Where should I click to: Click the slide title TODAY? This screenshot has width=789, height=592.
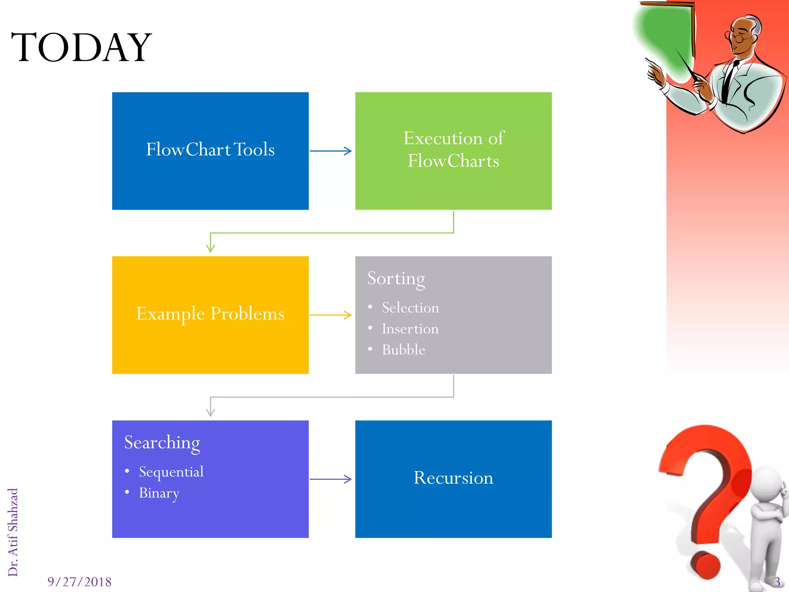tap(81, 47)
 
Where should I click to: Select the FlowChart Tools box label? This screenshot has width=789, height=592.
tap(210, 150)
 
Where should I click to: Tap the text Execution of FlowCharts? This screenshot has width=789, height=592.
tap(453, 150)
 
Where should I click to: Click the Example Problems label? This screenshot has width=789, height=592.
tap(210, 314)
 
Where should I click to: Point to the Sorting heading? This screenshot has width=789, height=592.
tap(396, 279)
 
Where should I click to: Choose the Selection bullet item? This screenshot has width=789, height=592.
tap(410, 308)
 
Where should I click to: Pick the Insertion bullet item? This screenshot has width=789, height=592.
tap(410, 329)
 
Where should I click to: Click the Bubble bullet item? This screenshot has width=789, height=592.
tap(403, 350)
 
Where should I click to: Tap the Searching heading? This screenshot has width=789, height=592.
tap(162, 443)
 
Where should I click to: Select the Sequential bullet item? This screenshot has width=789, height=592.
tap(171, 472)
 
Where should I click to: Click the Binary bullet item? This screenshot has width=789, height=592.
tap(159, 493)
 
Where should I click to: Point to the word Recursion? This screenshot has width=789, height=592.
tap(453, 478)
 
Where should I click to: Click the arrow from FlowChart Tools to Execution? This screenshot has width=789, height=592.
tap(331, 151)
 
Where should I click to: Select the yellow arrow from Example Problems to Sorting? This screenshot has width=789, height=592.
tap(331, 315)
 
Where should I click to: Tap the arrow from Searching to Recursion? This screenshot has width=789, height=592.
tap(331, 479)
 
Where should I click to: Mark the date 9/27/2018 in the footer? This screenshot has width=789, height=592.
tap(79, 582)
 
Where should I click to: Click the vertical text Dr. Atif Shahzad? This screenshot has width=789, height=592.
tap(13, 532)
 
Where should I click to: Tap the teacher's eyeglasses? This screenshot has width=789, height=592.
tap(737, 38)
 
